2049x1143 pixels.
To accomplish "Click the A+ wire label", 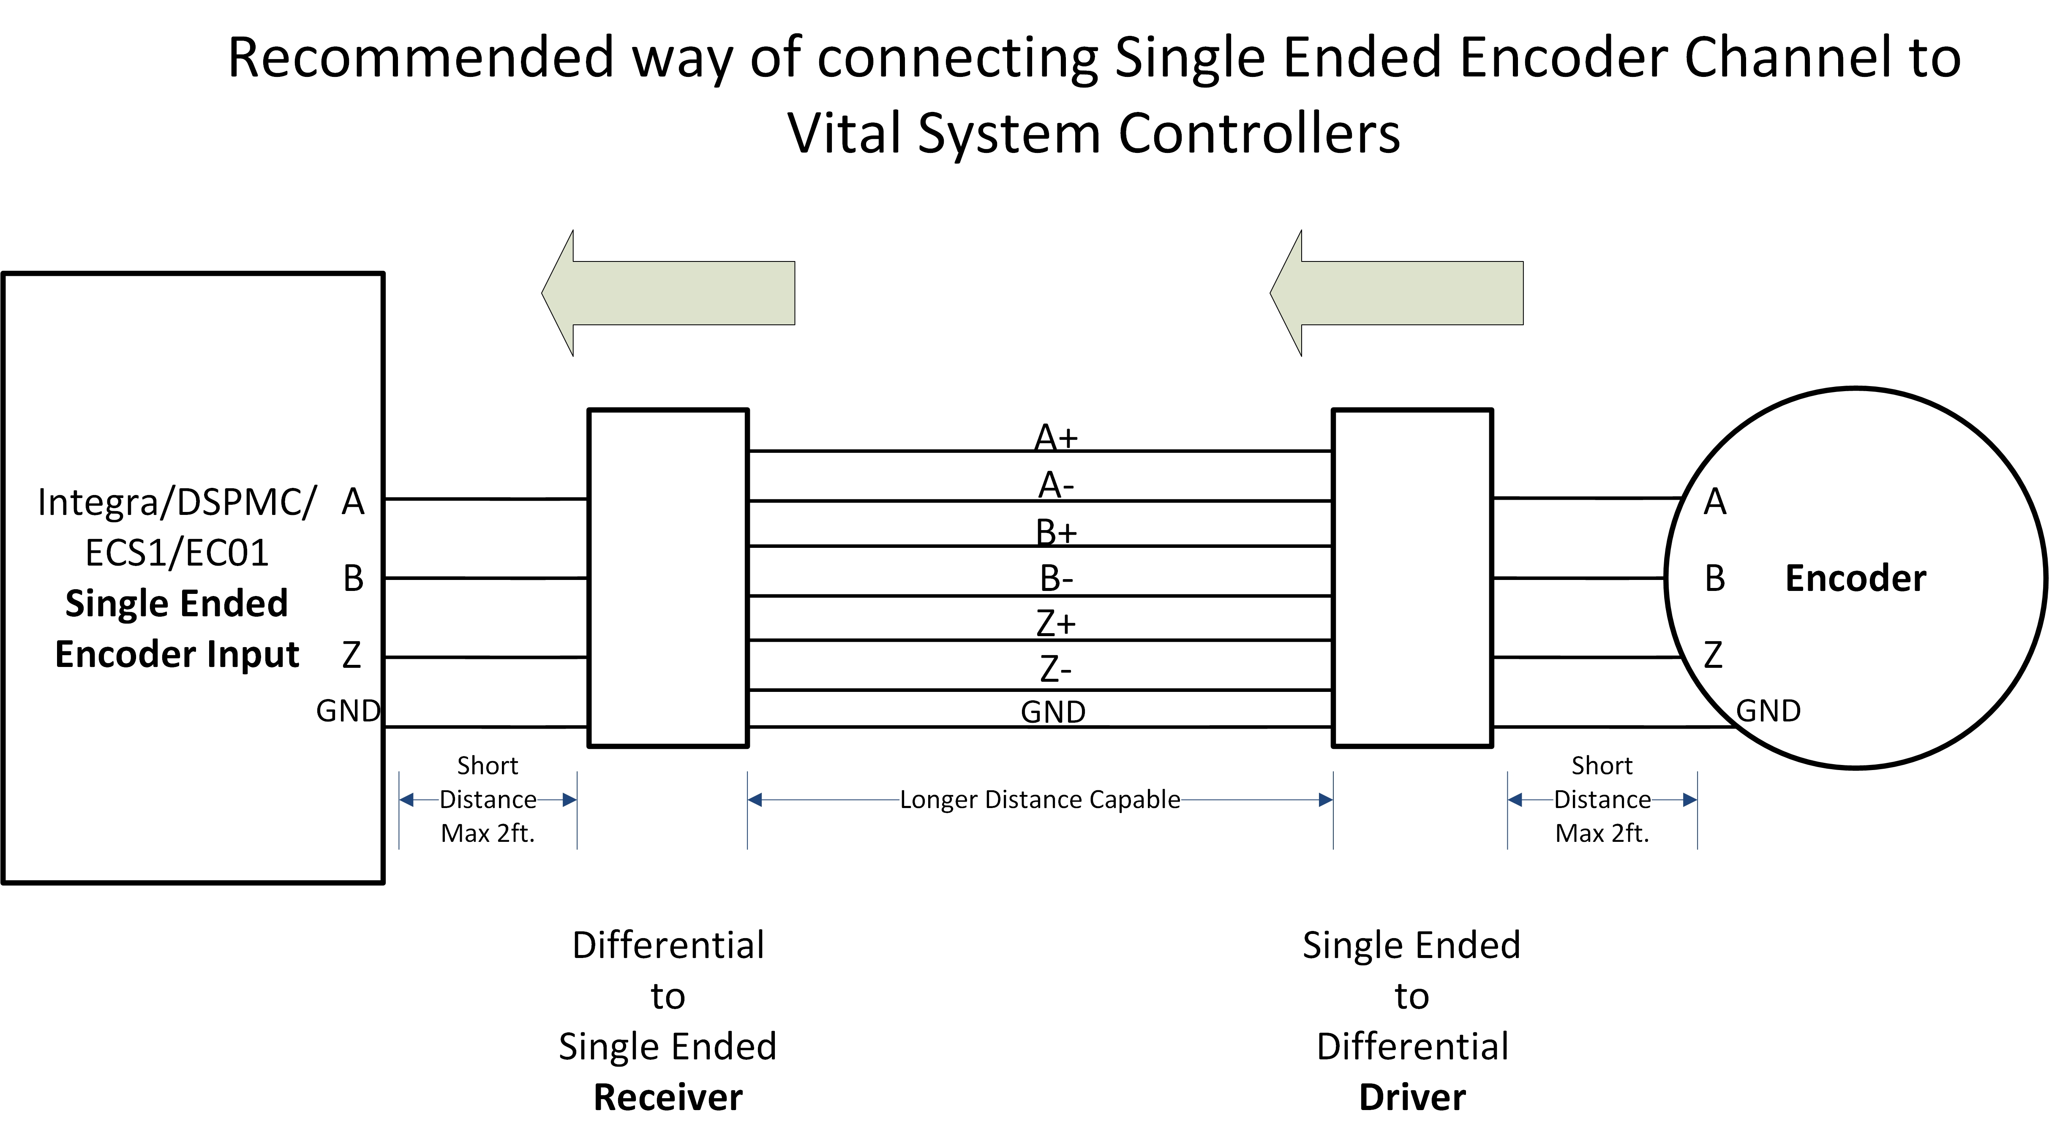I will pyautogui.click(x=1055, y=438).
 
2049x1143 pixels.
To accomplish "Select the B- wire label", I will pyautogui.click(x=1055, y=578).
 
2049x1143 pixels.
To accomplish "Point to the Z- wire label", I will pyautogui.click(x=1055, y=669).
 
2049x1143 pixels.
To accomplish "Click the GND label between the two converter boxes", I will pyautogui.click(x=1053, y=712).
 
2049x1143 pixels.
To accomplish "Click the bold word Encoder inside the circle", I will pyautogui.click(x=1855, y=578).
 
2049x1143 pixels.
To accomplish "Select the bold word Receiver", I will pyautogui.click(x=668, y=1098).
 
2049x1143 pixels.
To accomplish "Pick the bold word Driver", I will pyautogui.click(x=1412, y=1098).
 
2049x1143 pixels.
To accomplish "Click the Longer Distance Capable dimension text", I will pyautogui.click(x=1040, y=800).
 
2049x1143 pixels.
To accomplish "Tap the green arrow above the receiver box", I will pyautogui.click(x=668, y=293).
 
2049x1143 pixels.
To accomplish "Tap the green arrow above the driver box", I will pyautogui.click(x=1397, y=293).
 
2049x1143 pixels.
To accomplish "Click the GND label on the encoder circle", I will pyautogui.click(x=1768, y=710).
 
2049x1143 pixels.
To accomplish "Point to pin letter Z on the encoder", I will pyautogui.click(x=1713, y=655).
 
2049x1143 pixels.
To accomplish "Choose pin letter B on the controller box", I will pyautogui.click(x=353, y=578).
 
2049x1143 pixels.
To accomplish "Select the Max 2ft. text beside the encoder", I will pyautogui.click(x=1602, y=833).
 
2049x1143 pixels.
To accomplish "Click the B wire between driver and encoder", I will pyautogui.click(x=1579, y=578).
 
